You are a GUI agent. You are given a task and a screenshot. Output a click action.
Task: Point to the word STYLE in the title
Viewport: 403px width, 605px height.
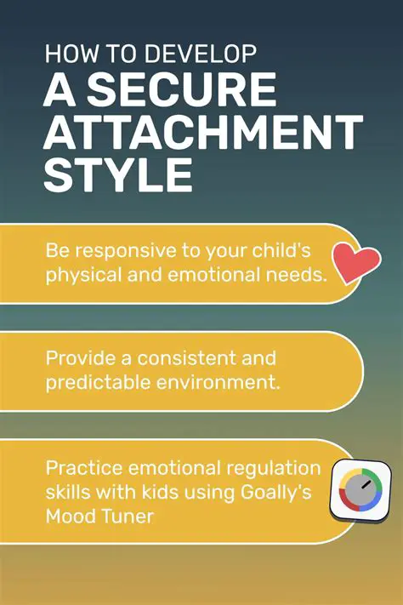tap(117, 176)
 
